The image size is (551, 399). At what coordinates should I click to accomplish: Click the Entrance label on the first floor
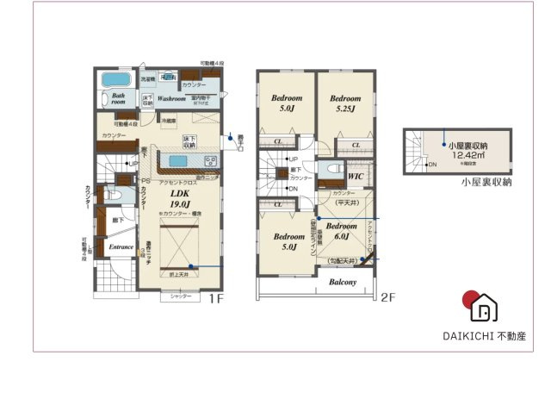[x=121, y=247]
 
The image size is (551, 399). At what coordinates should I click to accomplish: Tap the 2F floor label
[x=388, y=297]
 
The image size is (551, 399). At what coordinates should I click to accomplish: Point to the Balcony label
[x=341, y=282]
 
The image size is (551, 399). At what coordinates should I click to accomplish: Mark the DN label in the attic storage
[x=432, y=164]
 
